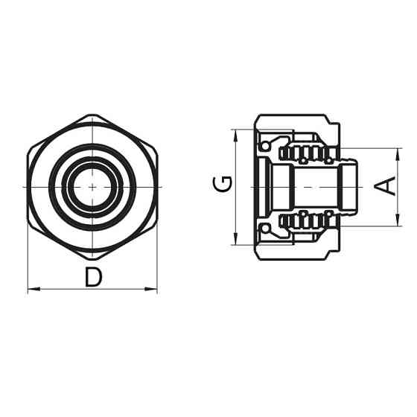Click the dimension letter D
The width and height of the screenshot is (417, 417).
click(x=93, y=277)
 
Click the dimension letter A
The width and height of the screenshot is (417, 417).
click(x=386, y=185)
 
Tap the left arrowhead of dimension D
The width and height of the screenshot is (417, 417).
click(x=31, y=289)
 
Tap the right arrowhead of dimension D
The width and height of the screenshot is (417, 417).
click(x=153, y=289)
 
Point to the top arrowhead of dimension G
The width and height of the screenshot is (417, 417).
click(x=235, y=133)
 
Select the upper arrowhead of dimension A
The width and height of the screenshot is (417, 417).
click(x=398, y=152)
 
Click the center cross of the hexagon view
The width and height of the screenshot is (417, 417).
click(x=92, y=186)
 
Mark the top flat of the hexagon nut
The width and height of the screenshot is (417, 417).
click(x=92, y=115)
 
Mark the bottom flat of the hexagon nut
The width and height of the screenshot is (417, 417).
click(x=92, y=257)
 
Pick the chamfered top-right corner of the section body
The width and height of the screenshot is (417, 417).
click(x=325, y=118)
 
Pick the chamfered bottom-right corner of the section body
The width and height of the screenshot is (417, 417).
click(x=325, y=255)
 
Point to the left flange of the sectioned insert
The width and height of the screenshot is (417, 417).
click(x=262, y=186)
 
